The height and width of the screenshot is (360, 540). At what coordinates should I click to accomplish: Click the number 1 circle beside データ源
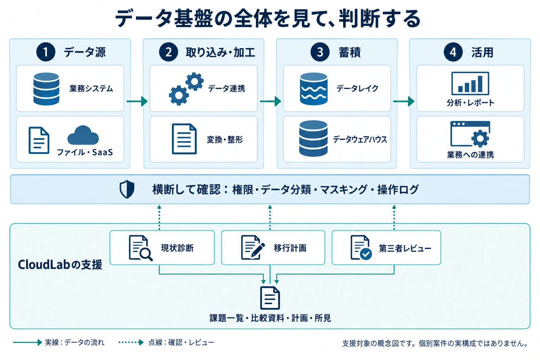[46, 52]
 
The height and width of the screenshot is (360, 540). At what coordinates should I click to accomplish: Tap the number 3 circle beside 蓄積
[320, 52]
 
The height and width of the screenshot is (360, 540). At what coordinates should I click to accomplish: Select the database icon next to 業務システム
[46, 89]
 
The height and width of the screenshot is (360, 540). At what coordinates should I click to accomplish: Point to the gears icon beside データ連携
[186, 89]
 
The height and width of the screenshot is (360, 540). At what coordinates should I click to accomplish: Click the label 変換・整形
[225, 140]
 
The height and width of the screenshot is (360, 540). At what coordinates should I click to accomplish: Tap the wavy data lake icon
[314, 89]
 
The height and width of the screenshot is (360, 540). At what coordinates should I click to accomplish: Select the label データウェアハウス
[360, 139]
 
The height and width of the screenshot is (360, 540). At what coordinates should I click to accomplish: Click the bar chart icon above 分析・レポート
[470, 83]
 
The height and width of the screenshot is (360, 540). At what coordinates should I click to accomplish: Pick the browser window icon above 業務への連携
[470, 134]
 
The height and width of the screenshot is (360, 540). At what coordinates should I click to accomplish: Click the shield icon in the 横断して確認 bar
[127, 189]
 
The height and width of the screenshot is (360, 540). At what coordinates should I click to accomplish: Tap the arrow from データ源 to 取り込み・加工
[137, 101]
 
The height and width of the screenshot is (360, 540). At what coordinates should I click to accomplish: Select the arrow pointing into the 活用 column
[404, 101]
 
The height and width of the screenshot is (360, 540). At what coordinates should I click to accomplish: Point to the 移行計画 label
[290, 248]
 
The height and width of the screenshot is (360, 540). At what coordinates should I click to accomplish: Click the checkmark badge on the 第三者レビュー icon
[366, 254]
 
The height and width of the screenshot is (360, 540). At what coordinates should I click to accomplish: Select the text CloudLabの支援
[60, 264]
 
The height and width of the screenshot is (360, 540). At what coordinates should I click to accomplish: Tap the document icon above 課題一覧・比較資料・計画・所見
[270, 298]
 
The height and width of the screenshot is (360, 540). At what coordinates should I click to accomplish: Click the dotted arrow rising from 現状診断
[159, 218]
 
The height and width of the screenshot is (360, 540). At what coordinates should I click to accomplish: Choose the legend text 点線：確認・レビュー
[181, 342]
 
